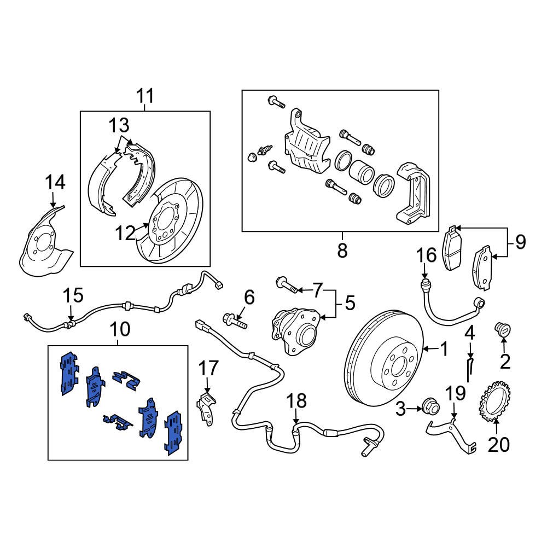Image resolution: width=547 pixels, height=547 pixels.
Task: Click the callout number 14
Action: click(x=55, y=182)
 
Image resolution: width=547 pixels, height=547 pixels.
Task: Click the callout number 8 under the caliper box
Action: click(x=342, y=251)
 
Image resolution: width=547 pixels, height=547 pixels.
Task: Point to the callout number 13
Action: click(x=119, y=126)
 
